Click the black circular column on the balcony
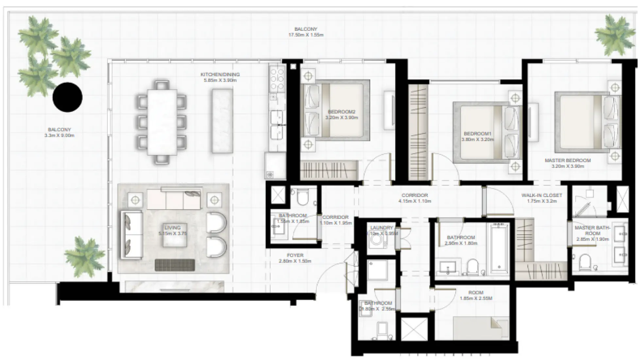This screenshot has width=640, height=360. click(67, 97)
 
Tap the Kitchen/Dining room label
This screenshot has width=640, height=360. click(220, 75)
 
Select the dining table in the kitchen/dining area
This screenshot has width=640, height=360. click(162, 122)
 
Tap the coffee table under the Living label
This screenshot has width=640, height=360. click(175, 235)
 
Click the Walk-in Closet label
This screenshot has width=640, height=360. click(542, 195)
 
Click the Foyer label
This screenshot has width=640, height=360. click(295, 255)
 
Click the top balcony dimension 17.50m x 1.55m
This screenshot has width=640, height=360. click(305, 35)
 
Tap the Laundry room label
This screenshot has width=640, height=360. click(381, 228)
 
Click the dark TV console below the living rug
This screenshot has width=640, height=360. click(175, 265)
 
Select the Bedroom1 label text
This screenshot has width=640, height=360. click(477, 134)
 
